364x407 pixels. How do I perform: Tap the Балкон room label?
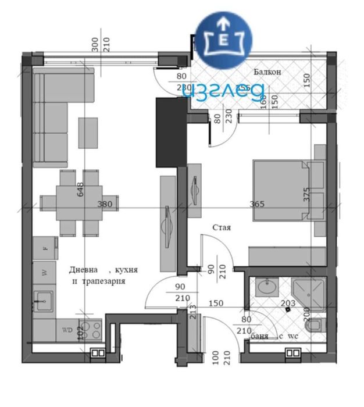click(267, 72)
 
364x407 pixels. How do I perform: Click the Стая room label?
click(222, 228)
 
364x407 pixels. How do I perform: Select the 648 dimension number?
click(79, 190)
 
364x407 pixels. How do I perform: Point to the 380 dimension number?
click(104, 204)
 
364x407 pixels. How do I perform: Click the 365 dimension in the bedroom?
click(257, 204)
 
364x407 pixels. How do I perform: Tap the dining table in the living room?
click(78, 202)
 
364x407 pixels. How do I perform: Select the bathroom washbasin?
click(268, 287)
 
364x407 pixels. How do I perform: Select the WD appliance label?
click(67, 330)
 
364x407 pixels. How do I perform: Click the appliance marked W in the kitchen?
click(44, 272)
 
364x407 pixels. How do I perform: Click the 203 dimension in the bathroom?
click(287, 303)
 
